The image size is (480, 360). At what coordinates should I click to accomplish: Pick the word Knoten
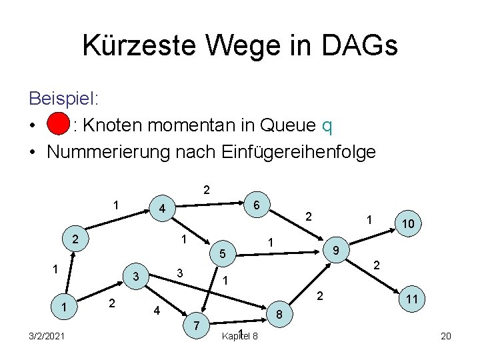pos(114,125)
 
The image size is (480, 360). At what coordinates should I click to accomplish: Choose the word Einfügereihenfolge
pos(275,152)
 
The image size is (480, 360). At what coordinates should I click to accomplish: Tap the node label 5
pos(223,254)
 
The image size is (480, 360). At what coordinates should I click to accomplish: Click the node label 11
pos(412,300)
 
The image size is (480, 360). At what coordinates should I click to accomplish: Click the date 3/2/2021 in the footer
pos(47,335)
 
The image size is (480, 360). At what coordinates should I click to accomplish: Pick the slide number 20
pos(446,335)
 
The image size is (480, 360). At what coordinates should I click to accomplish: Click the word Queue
pos(283,125)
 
